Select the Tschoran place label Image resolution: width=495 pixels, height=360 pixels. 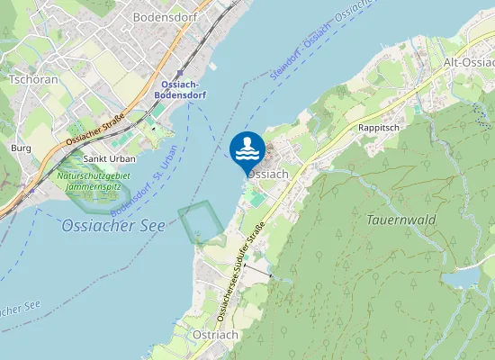coord(33,78)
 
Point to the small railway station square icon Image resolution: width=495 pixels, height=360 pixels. coord(179,74)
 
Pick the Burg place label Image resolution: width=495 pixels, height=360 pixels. coord(21,147)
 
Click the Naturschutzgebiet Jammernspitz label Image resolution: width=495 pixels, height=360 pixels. coord(94,184)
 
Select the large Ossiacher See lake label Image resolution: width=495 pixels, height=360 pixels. coord(113,226)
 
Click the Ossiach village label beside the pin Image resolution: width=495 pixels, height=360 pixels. coord(271,173)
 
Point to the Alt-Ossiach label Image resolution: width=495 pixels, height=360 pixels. coord(468,62)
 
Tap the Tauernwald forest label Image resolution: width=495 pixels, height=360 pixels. coord(401,220)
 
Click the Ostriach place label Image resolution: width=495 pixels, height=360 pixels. coord(215,334)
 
